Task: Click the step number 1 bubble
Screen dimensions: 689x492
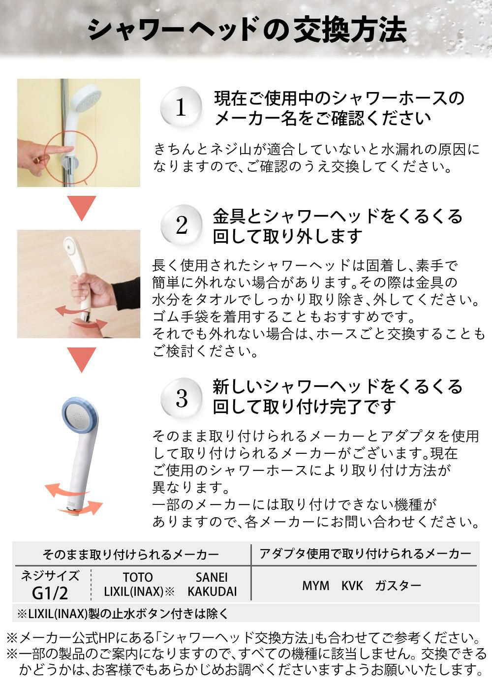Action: pyautogui.click(x=181, y=107)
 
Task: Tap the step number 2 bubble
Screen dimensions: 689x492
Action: pyautogui.click(x=182, y=225)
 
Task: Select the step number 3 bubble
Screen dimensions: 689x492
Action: pyautogui.click(x=182, y=398)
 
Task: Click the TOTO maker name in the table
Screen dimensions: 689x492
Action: pyautogui.click(x=138, y=577)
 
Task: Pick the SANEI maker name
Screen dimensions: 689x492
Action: pyautogui.click(x=212, y=577)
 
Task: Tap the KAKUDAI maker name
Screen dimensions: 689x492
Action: pyautogui.click(x=212, y=592)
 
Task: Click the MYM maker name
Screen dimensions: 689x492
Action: pyautogui.click(x=316, y=586)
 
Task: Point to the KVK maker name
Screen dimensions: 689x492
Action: pyautogui.click(x=352, y=586)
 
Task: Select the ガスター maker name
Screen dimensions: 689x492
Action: pyautogui.click(x=398, y=586)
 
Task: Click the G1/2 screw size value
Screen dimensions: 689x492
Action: pyautogui.click(x=50, y=593)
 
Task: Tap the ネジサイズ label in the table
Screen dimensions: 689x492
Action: pyautogui.click(x=50, y=576)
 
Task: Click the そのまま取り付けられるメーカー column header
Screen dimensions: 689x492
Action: pyautogui.click(x=131, y=555)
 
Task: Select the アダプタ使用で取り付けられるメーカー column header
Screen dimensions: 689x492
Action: pyautogui.click(x=365, y=554)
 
